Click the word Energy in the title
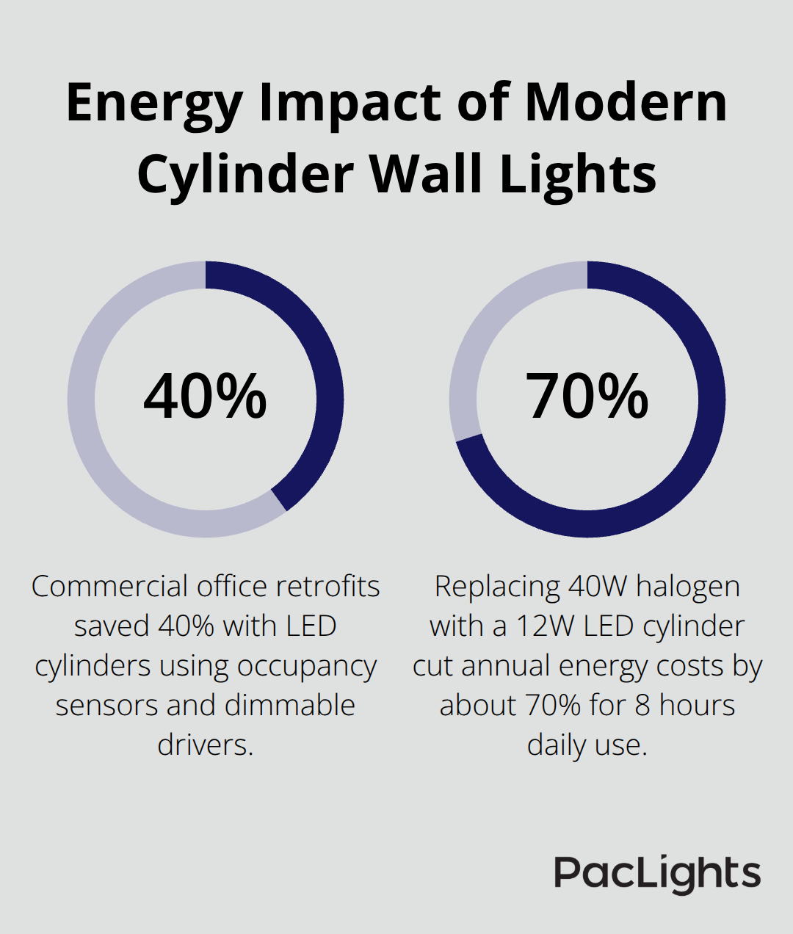click(153, 104)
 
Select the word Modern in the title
click(626, 102)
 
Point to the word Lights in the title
click(578, 175)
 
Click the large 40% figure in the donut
click(205, 397)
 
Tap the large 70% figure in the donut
click(587, 397)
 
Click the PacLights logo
click(657, 874)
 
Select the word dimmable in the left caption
click(290, 706)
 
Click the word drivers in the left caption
click(205, 745)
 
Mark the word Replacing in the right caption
click(496, 587)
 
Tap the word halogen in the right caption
click(688, 587)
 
